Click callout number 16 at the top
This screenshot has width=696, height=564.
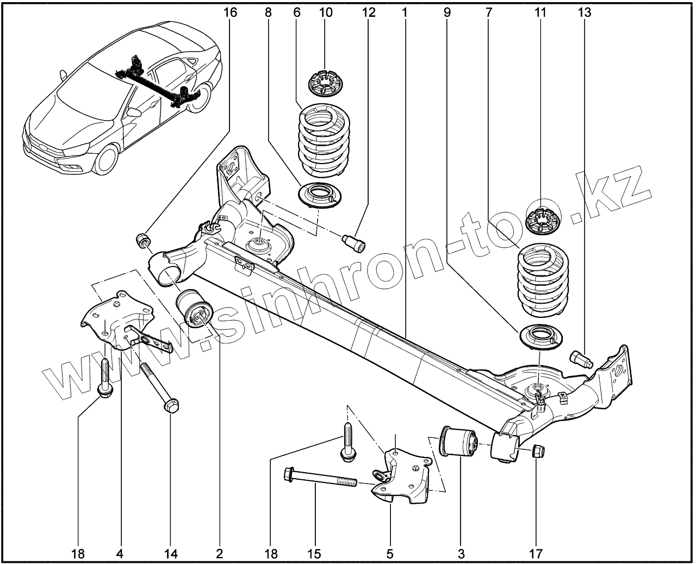click(230, 12)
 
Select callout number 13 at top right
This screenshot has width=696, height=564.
click(585, 12)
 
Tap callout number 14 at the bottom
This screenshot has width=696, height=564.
click(171, 554)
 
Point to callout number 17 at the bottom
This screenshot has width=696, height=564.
click(536, 554)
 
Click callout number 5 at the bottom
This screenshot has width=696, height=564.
click(389, 554)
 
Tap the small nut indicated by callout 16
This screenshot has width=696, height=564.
click(143, 239)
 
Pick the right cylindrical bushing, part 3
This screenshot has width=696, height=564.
click(458, 441)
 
